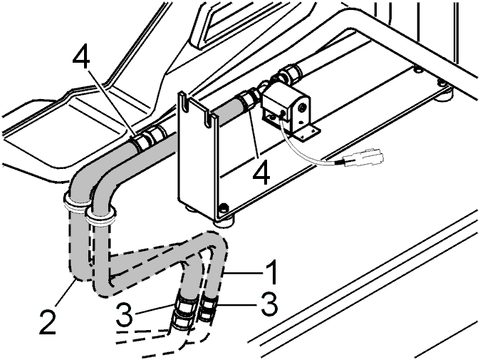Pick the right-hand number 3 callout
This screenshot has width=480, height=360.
[269, 304]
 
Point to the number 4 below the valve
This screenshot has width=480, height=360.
[261, 172]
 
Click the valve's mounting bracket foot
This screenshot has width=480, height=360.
[306, 131]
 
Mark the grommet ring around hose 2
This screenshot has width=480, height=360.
[74, 203]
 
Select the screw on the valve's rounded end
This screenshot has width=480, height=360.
[303, 108]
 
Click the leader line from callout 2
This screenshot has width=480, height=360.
[63, 292]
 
